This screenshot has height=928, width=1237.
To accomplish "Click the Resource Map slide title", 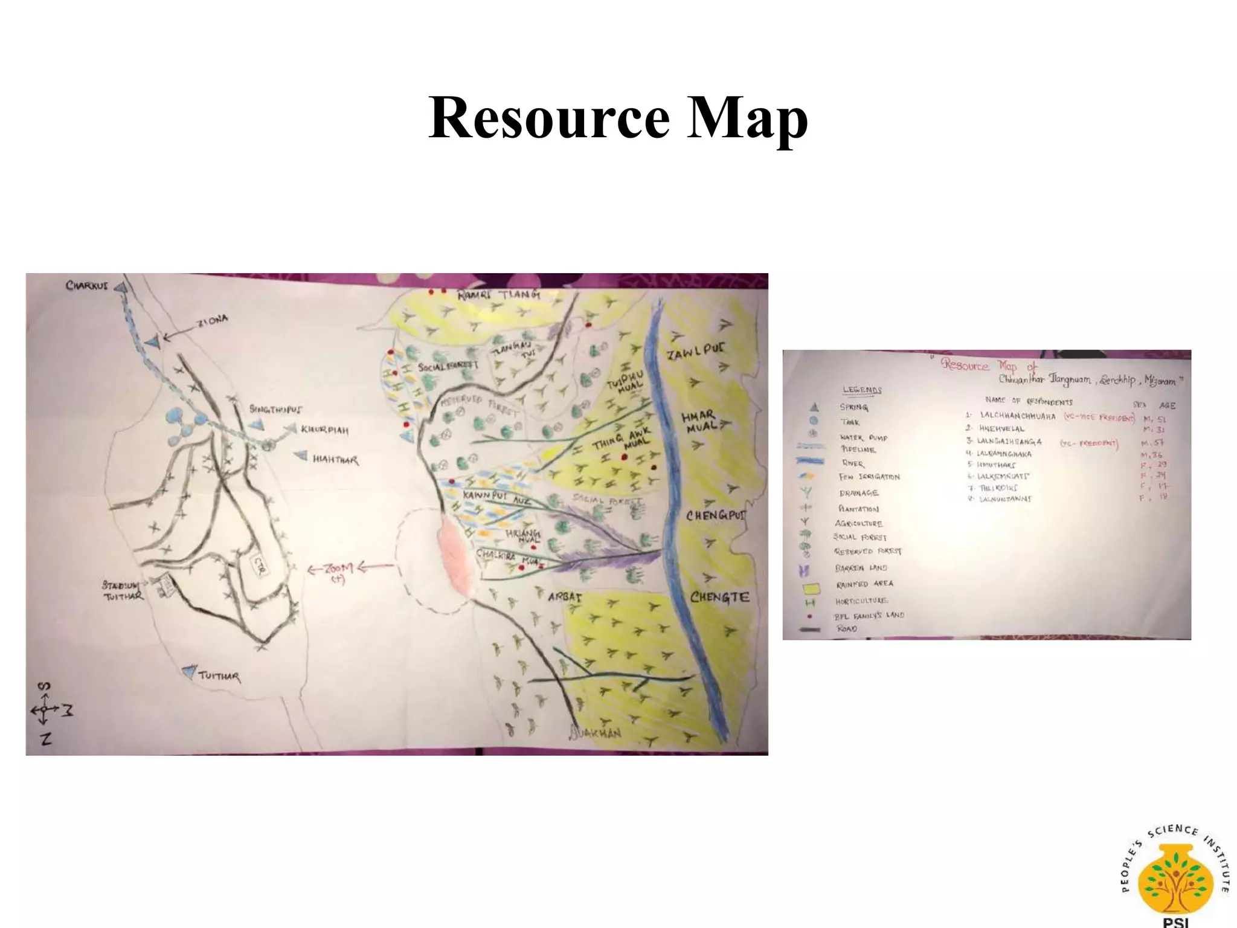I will [618, 118].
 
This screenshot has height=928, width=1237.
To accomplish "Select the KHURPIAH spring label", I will [324, 430].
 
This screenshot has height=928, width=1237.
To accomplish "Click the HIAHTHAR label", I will [335, 460].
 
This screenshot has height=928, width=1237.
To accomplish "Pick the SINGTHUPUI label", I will [275, 410].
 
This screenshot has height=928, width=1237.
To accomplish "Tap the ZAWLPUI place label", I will [696, 352].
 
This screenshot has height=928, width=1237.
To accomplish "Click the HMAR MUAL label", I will [699, 420].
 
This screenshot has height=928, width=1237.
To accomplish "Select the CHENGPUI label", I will [716, 515].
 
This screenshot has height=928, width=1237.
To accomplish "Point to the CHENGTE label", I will [719, 598].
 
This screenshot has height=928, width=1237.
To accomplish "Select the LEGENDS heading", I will [862, 390].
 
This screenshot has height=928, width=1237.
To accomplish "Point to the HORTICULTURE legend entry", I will [861, 601].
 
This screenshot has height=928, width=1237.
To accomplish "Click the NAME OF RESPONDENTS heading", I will [1029, 401].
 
